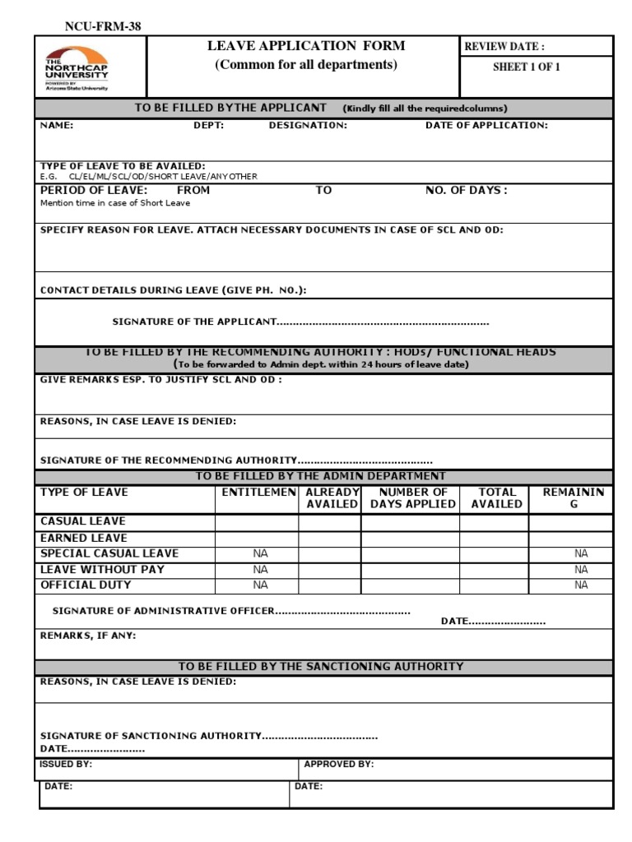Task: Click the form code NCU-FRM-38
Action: pos(103,26)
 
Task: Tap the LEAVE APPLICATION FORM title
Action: pos(306,47)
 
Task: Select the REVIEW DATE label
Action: pos(504,47)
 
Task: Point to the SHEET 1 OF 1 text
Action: pos(526,67)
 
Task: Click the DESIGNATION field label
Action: pos(308,126)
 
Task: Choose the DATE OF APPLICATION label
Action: pos(486,126)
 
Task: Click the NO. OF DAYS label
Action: pos(466,190)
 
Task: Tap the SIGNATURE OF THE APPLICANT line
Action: pos(300,322)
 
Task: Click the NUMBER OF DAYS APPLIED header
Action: pos(412,498)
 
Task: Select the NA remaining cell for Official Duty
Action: pos(581,585)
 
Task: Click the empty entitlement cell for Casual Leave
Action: pos(257,522)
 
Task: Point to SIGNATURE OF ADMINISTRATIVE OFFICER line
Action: pos(230,611)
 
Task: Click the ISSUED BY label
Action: pos(66,764)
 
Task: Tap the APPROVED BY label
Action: pos(338,764)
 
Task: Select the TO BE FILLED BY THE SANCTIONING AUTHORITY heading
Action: pos(321,666)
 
